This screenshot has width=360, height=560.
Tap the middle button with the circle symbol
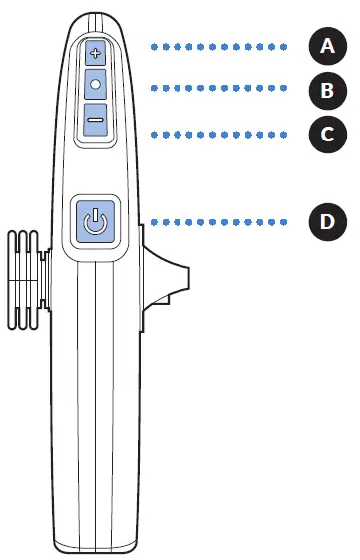(96, 85)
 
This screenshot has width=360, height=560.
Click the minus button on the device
(96, 120)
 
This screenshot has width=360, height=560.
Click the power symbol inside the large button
(94, 222)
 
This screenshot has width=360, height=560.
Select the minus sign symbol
(96, 120)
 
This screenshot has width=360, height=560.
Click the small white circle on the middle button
(96, 85)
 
